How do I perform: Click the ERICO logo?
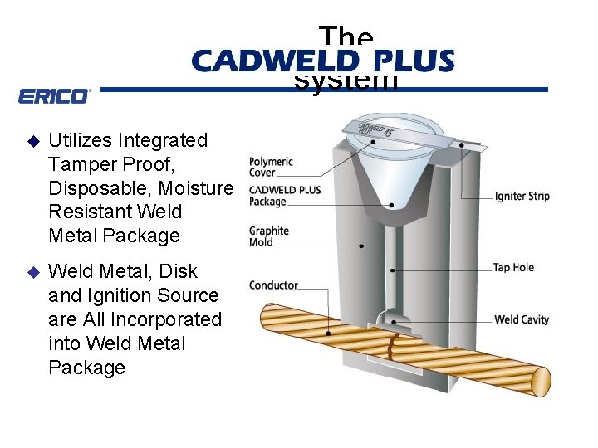pyautogui.click(x=53, y=96)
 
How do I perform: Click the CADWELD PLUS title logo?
pyautogui.click(x=322, y=61)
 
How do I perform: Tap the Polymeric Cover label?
pyautogui.click(x=271, y=167)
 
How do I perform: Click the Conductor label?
pyautogui.click(x=273, y=285)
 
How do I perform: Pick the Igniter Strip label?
pyautogui.click(x=522, y=197)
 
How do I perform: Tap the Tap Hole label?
pyautogui.click(x=513, y=267)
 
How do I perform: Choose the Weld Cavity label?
pyautogui.click(x=522, y=319)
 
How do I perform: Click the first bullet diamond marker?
pyautogui.click(x=33, y=140)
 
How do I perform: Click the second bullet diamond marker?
pyautogui.click(x=33, y=271)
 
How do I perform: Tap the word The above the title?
pyautogui.click(x=346, y=37)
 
